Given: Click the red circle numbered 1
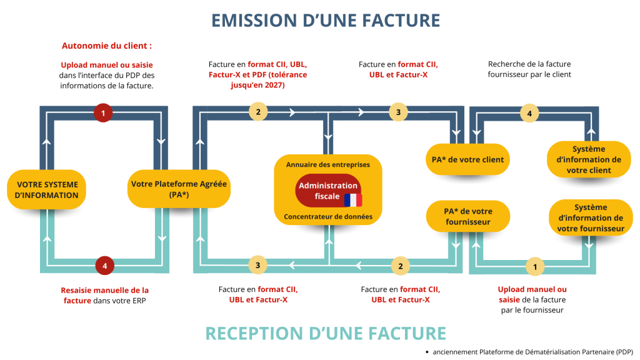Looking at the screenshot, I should [x=103, y=113].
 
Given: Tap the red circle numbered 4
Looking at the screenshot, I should [x=105, y=266].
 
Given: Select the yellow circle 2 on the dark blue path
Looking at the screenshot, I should [x=257, y=112].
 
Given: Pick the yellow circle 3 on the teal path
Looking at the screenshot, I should [x=257, y=266].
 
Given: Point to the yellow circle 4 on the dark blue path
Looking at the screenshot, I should [x=529, y=114].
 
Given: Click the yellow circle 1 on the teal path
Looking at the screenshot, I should [x=534, y=266].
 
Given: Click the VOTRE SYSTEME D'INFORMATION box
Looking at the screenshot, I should [x=47, y=189].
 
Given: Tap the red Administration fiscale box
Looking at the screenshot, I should [x=328, y=191].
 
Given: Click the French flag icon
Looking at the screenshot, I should [x=352, y=200].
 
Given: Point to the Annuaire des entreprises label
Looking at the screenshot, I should [x=328, y=164].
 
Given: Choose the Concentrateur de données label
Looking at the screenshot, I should [x=328, y=217].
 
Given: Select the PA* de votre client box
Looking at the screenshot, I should [x=467, y=159].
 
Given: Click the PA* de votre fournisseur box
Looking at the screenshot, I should [x=468, y=216].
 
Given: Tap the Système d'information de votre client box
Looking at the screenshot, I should [x=589, y=159].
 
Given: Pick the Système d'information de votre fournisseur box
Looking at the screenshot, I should [x=591, y=217].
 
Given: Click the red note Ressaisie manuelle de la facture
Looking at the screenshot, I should [x=104, y=295].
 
